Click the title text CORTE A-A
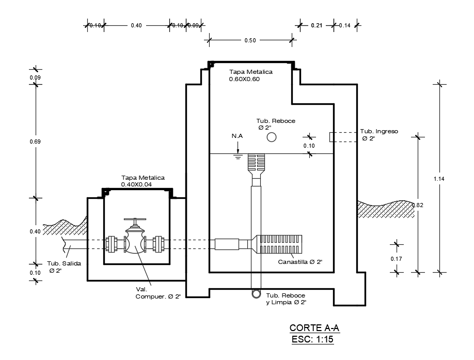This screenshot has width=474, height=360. pos(315,328)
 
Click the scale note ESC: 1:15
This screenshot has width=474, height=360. pos(315,339)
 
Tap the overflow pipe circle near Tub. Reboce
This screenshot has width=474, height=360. pos(272,137)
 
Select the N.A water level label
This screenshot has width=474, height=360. pos(237,136)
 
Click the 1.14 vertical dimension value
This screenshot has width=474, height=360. pos(440,179)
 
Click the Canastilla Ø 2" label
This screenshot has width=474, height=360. pos(300,262)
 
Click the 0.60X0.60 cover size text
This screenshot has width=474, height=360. pos(244,80)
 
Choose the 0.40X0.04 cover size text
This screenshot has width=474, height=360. pos(143,184)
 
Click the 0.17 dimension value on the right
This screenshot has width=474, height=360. pos(397,259)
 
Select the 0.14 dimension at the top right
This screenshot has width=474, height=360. pos(345,25)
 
